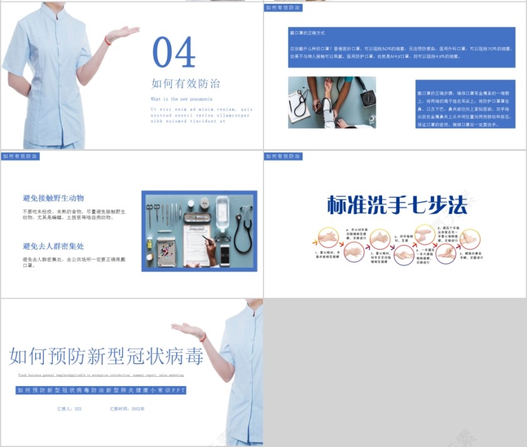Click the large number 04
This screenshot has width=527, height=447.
(174, 52)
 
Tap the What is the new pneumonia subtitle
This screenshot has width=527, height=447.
(181, 99)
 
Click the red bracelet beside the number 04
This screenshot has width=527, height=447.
(108, 41)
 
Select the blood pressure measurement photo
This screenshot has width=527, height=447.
(332, 102)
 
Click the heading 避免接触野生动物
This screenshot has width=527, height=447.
(53, 198)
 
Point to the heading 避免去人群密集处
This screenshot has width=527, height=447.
(53, 246)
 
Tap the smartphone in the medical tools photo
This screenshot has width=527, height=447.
(225, 255)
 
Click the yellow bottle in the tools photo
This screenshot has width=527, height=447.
(150, 243)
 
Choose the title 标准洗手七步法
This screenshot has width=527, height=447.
(398, 205)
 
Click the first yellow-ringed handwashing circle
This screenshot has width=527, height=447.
(327, 238)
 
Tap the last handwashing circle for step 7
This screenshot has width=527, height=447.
(469, 238)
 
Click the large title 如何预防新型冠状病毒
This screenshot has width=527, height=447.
(107, 356)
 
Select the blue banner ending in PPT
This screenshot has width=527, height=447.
(102, 390)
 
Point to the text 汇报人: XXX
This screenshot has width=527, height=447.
(69, 409)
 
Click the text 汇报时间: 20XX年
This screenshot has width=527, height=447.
(127, 409)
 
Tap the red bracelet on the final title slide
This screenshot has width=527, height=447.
(203, 338)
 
